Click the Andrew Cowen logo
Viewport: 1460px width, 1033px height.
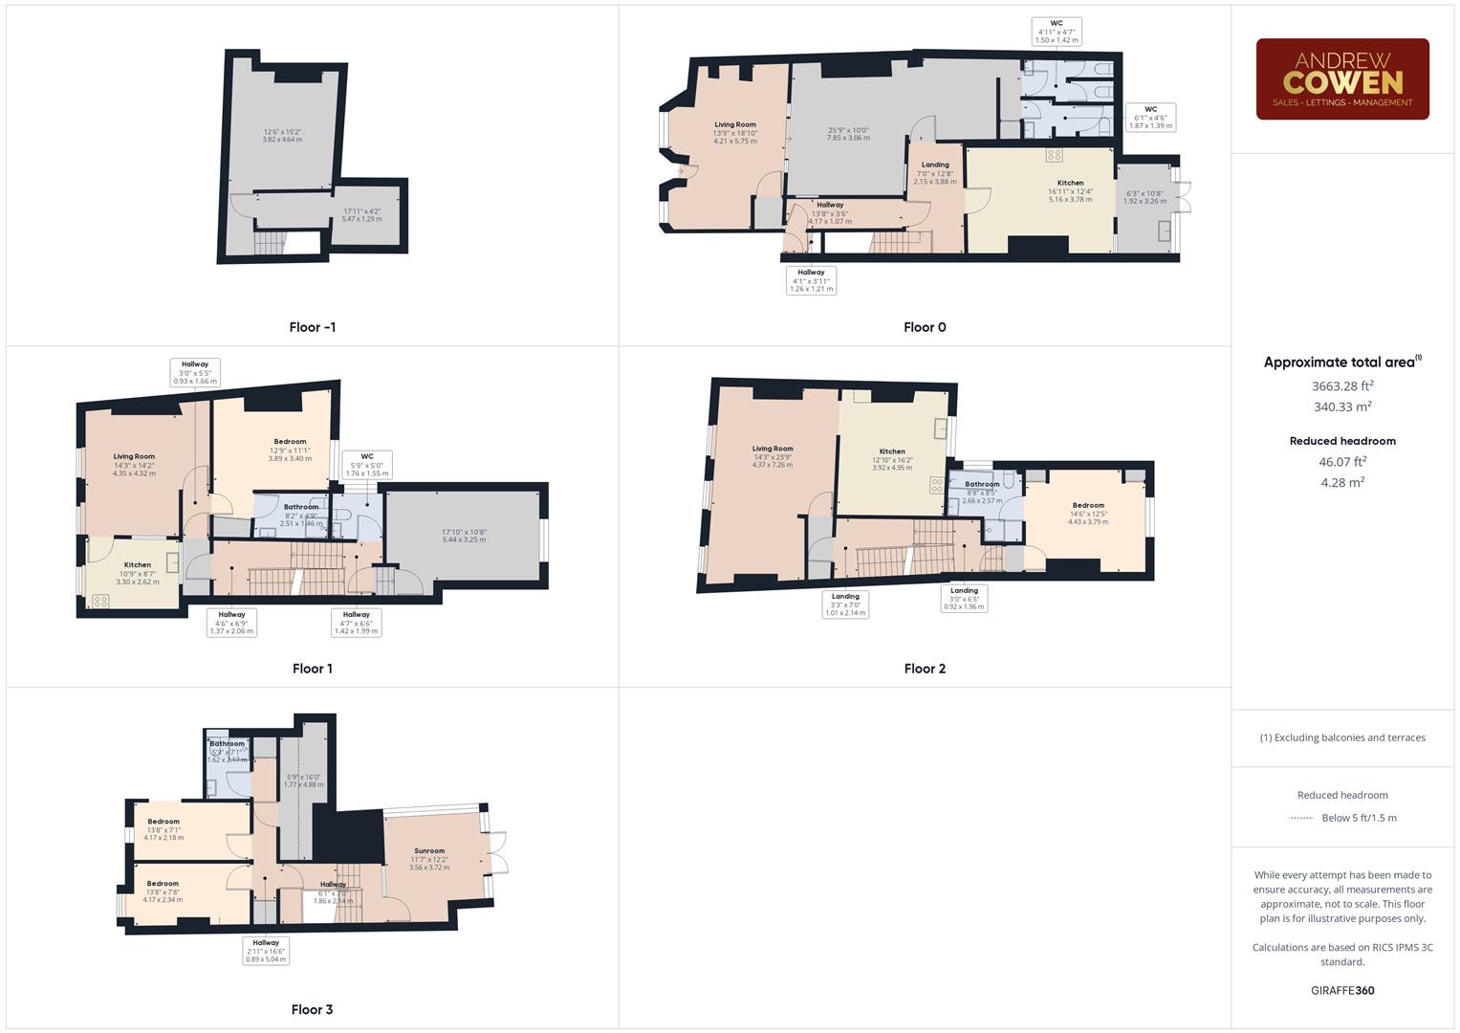[x=1342, y=79]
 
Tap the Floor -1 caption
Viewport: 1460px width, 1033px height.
[x=313, y=327]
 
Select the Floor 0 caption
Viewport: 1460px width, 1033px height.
[x=925, y=327]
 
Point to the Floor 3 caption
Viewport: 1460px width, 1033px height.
[x=312, y=1009]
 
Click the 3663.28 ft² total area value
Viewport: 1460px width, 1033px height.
[x=1342, y=386]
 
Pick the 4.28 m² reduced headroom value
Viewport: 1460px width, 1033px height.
[x=1342, y=482]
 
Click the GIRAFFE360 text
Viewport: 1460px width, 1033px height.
[x=1342, y=990]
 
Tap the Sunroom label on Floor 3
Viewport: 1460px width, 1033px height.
[x=429, y=850]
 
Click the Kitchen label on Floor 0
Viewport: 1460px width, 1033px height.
[x=1070, y=183]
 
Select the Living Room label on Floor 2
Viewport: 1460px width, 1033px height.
[x=773, y=449]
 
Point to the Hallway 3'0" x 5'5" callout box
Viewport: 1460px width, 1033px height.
[x=195, y=372]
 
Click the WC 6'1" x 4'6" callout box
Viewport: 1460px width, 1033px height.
[x=1150, y=118]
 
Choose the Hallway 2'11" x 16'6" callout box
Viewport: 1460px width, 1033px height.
[x=266, y=951]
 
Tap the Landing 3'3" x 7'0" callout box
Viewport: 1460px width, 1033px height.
[x=845, y=604]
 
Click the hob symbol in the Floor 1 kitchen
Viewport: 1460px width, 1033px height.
[x=99, y=602]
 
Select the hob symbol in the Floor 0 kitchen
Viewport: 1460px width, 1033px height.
[x=1054, y=155]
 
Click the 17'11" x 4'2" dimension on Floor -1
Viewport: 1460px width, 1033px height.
[x=361, y=215]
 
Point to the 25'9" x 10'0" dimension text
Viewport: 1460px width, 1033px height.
[x=848, y=134]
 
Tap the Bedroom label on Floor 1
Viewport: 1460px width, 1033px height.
[x=291, y=442]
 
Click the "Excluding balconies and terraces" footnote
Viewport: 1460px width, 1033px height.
[x=1342, y=737]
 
